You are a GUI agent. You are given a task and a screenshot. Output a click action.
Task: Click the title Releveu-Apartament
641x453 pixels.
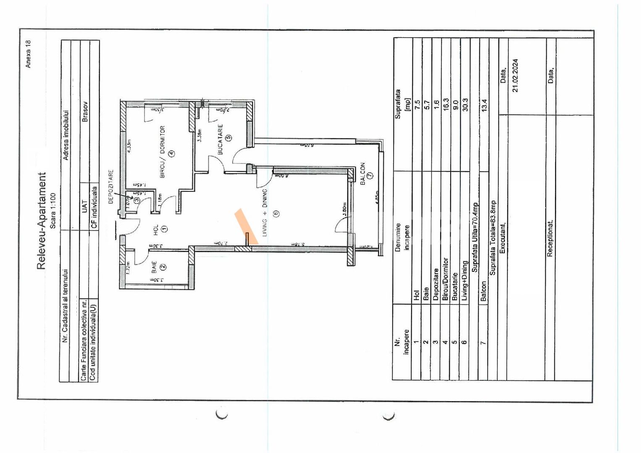point(42,221)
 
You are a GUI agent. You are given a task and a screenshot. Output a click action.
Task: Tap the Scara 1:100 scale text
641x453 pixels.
point(53,211)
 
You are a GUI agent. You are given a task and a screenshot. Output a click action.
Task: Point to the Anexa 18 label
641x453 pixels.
point(28,54)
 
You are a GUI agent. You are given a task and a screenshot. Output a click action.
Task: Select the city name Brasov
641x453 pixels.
point(85,112)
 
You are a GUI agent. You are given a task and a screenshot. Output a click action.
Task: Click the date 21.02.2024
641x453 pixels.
point(515,75)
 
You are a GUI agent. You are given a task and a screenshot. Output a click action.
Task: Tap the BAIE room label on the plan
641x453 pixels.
point(154,268)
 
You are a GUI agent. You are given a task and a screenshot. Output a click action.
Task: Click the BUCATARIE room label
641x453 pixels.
point(221,139)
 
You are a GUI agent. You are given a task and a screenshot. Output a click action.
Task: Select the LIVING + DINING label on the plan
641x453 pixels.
point(265,213)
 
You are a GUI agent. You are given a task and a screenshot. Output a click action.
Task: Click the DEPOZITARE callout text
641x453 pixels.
point(111,187)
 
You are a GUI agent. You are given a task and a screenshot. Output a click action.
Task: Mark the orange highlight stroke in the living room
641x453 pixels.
point(246,226)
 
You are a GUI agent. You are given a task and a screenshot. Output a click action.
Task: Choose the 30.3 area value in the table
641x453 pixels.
point(465,104)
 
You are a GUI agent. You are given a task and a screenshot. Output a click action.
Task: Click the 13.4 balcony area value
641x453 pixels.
point(484,105)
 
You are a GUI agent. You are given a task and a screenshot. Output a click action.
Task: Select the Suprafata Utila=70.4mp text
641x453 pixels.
point(475,237)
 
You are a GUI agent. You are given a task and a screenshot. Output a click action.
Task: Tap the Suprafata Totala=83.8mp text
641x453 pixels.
point(493,237)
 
